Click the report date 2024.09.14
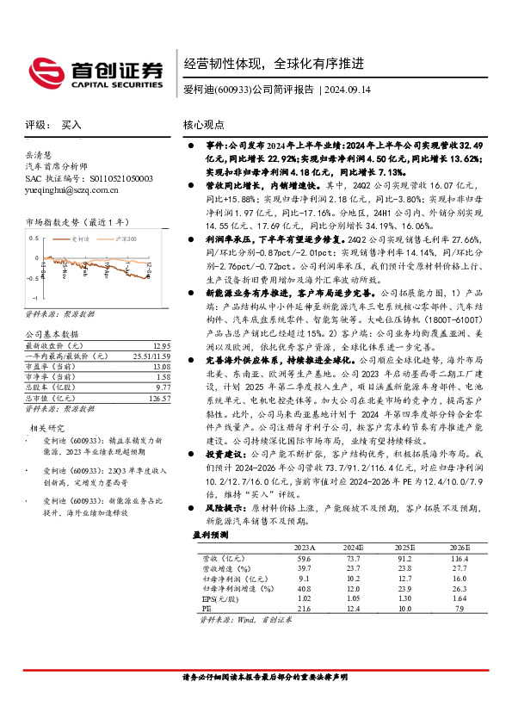[x=347, y=90]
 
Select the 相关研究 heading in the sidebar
[x=47, y=427]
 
